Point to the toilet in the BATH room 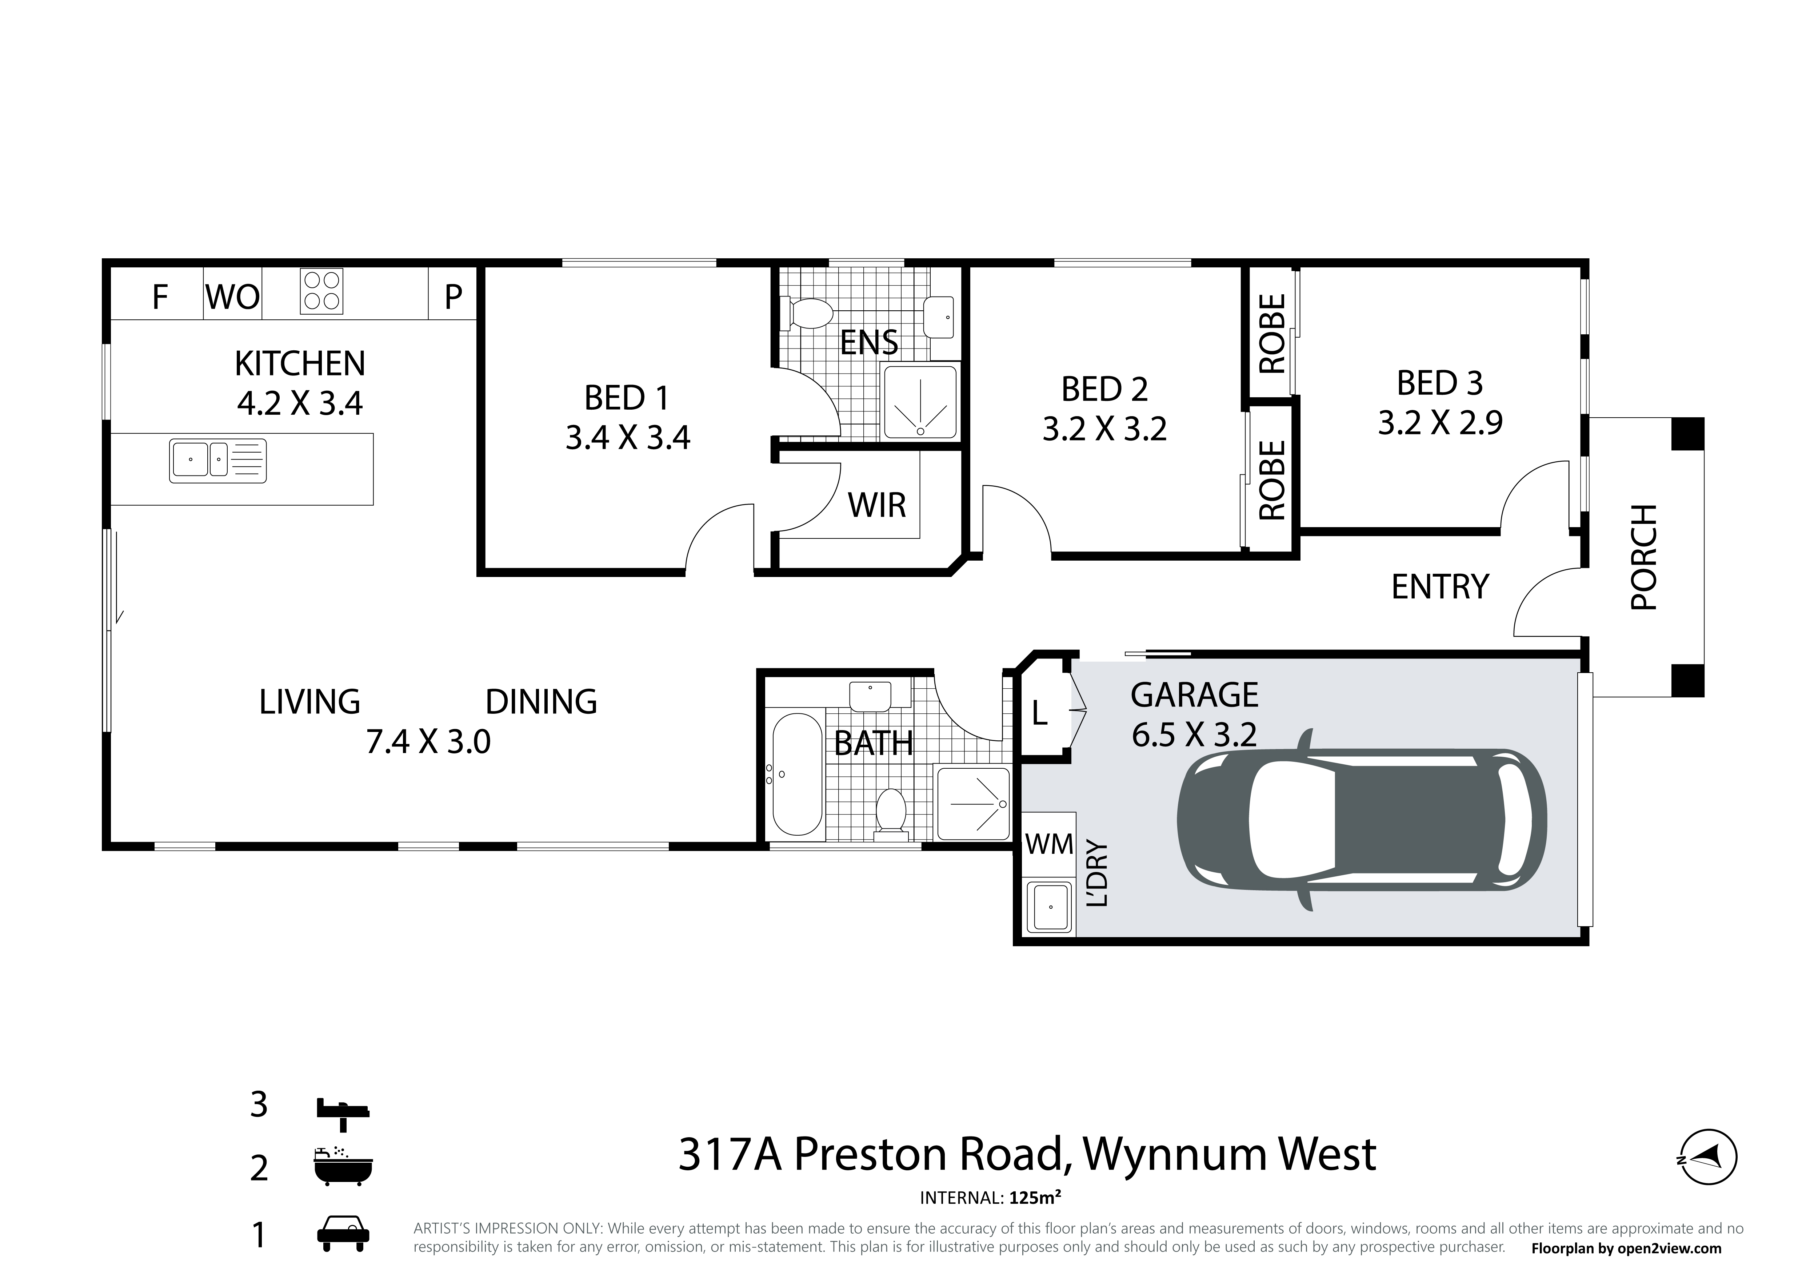pos(891,811)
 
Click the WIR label pos(877,505)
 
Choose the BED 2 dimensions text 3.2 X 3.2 pos(1104,429)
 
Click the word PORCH pos(1644,557)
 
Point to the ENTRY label pos(1440,586)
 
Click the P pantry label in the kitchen pos(453,297)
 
